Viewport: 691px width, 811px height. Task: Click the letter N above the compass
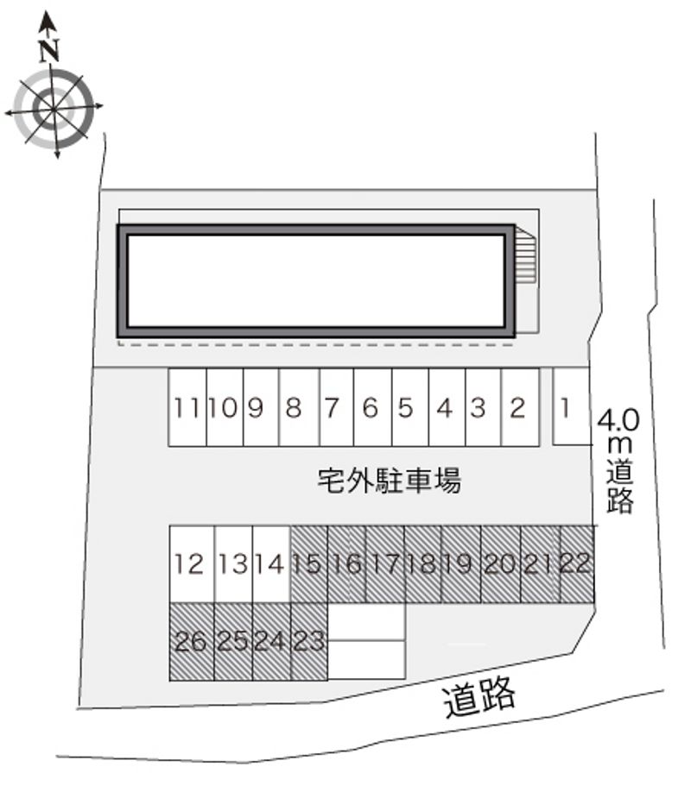(50, 50)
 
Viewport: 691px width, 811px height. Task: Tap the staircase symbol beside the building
(526, 256)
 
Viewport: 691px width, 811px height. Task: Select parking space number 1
(565, 407)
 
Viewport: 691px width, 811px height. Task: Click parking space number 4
(445, 407)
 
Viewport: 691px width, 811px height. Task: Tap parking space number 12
(189, 565)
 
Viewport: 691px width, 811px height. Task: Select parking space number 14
(270, 565)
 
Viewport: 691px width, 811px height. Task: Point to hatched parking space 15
(307, 565)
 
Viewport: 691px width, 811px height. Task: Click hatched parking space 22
(576, 565)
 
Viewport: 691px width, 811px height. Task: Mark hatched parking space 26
(190, 642)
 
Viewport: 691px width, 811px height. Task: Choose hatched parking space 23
(308, 642)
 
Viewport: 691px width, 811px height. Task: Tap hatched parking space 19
(460, 565)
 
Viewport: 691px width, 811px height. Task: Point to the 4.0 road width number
(618, 422)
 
